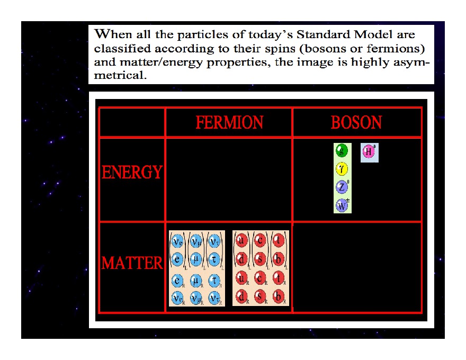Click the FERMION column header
229,123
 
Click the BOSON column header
356,123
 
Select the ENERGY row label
132,173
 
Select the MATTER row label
132,263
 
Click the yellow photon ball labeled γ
342,169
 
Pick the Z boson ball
342,187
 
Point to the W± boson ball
342,205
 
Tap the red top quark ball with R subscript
278,278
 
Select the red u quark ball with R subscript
241,278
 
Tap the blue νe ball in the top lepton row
178,241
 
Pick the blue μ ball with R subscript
196,280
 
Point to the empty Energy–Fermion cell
229,180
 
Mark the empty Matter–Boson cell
356,267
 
